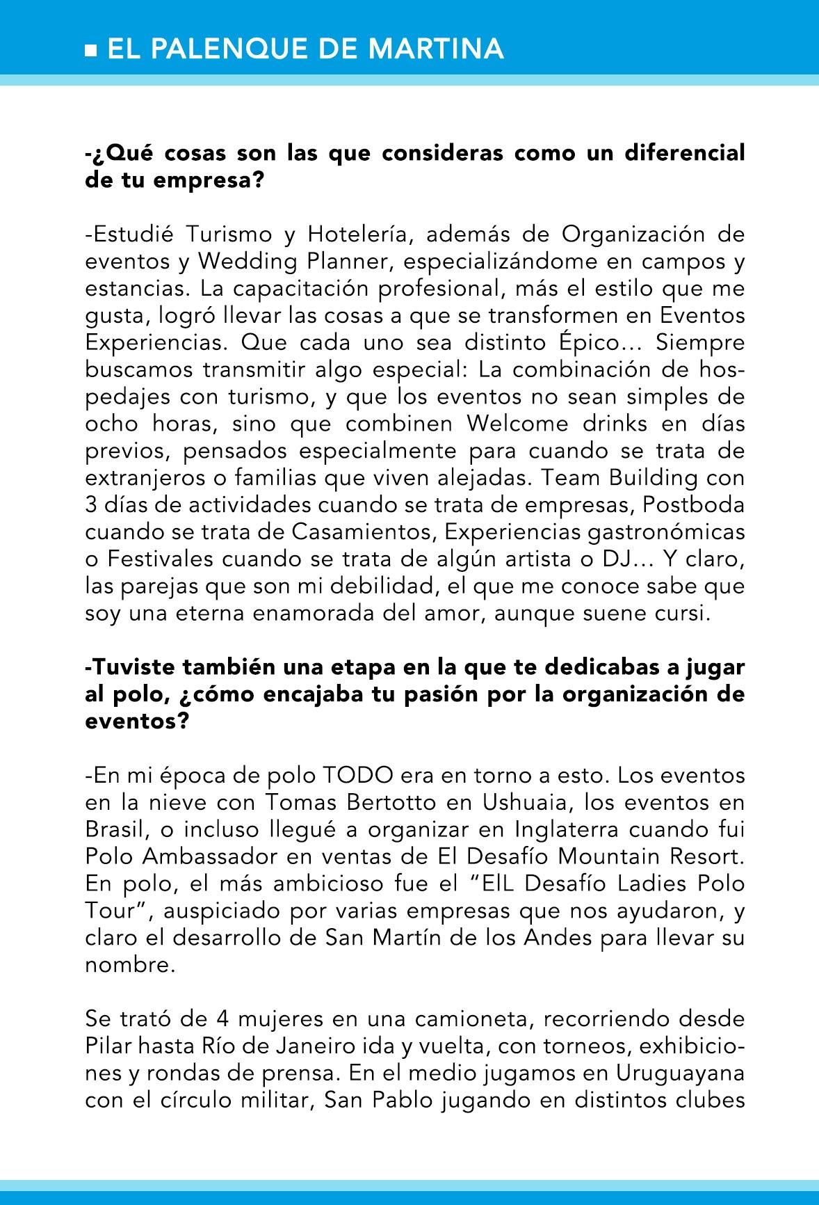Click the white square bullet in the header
(x=90, y=50)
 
